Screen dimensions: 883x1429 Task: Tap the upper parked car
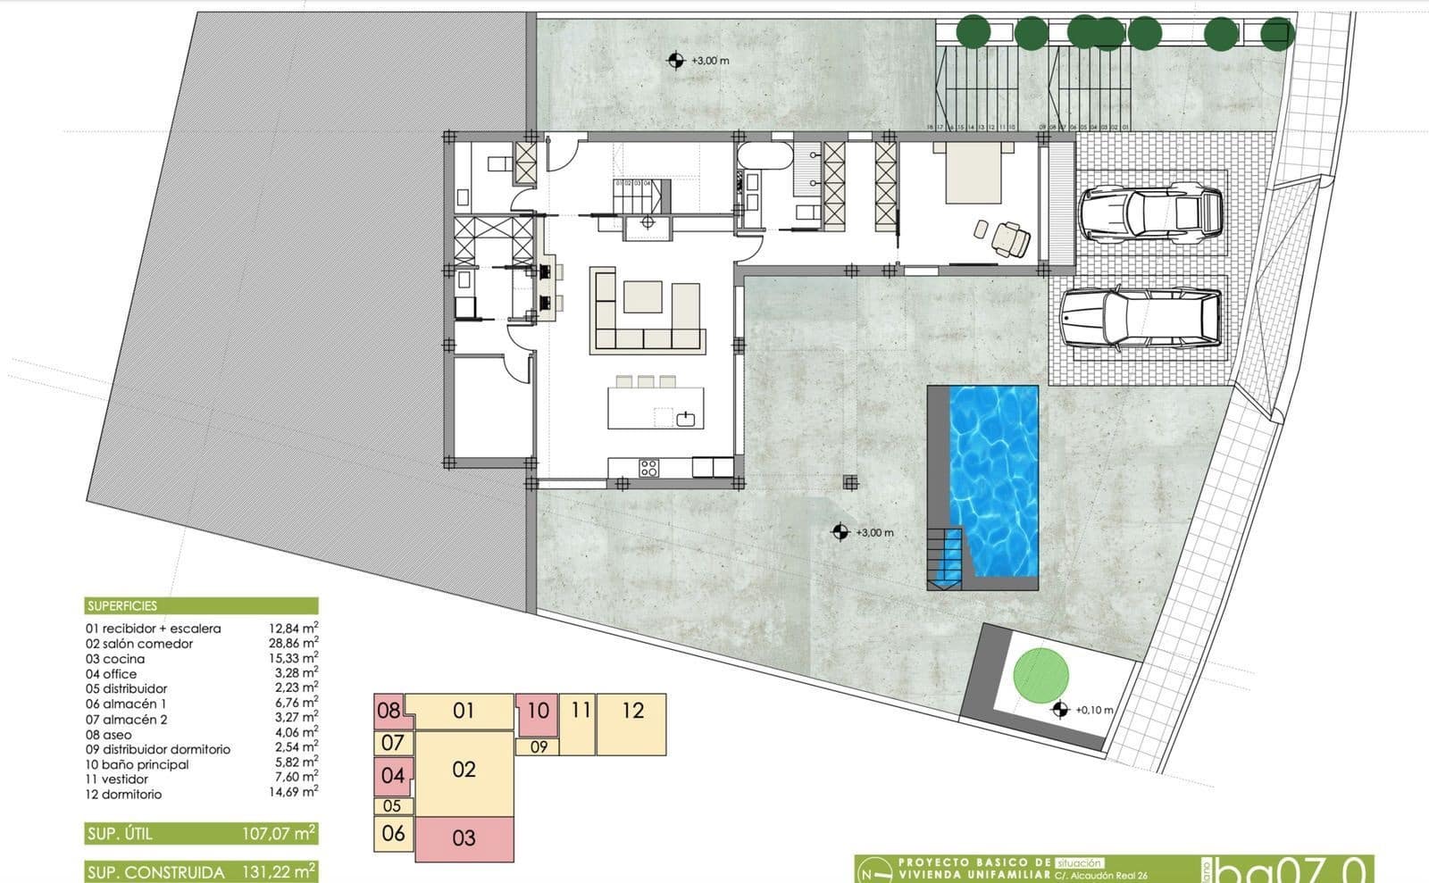(x=1150, y=214)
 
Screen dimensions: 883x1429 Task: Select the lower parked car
(x=1140, y=318)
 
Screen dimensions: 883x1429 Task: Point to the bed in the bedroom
(x=974, y=174)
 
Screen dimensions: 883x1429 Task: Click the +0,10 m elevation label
(x=1093, y=711)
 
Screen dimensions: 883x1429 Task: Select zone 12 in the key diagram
(x=632, y=712)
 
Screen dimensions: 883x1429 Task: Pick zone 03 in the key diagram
(x=464, y=838)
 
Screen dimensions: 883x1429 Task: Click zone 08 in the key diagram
(x=389, y=712)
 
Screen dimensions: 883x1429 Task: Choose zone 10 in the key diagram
(x=538, y=712)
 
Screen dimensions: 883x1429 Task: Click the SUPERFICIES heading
(x=122, y=605)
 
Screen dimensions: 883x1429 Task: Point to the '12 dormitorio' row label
(x=124, y=794)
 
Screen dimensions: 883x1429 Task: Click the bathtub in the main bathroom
(x=764, y=158)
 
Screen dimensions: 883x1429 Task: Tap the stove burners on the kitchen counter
(x=649, y=467)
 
